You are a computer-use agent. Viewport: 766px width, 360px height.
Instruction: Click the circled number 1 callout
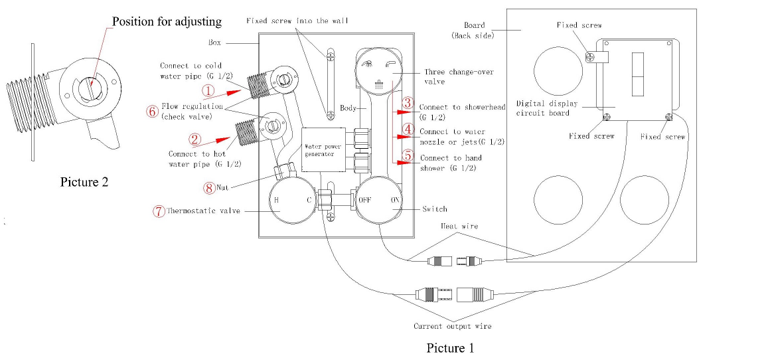208,90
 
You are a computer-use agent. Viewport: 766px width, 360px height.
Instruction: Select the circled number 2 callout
194,139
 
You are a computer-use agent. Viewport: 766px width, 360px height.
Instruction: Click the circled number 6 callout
151,111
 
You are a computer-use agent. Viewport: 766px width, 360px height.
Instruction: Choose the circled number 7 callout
159,211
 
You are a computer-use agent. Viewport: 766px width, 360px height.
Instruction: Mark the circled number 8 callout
210,187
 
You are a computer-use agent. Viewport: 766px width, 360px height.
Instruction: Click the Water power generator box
323,149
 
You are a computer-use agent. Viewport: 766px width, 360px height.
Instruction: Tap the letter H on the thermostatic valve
276,199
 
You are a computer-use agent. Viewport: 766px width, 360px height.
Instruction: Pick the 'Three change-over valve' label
451,76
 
